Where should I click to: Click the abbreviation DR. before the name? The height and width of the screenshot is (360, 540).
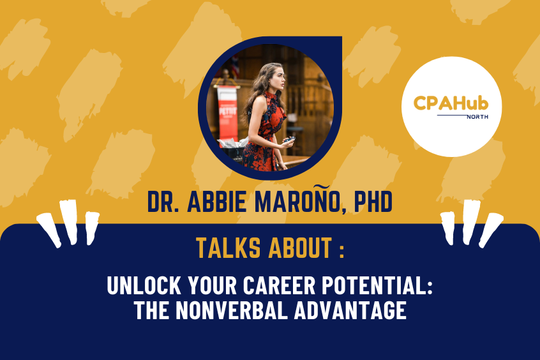pos(165,202)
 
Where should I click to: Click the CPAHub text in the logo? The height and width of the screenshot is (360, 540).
pos(451,103)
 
